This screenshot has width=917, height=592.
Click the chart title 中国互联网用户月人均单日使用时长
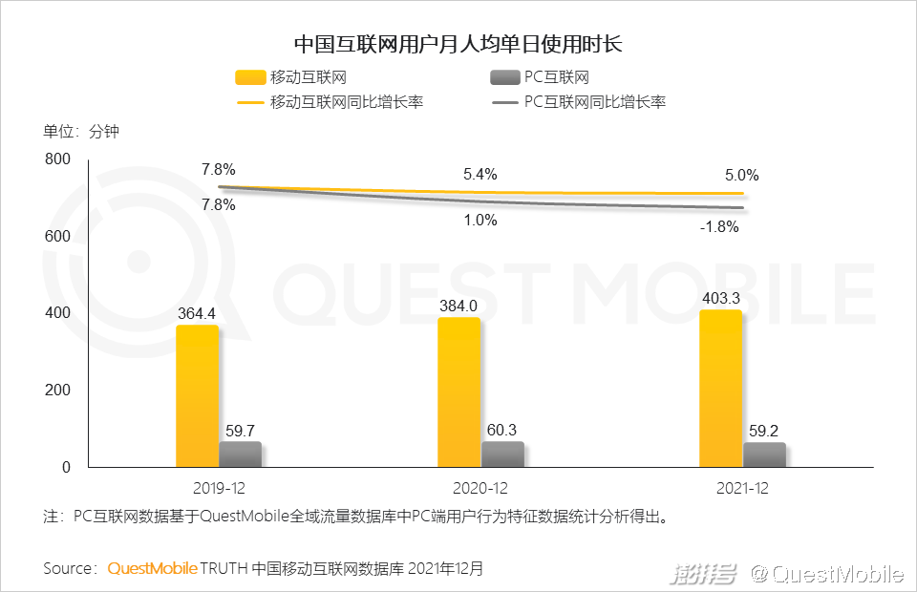(458, 44)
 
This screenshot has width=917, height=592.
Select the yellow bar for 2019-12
(197, 396)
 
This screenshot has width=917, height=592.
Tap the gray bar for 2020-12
(502, 455)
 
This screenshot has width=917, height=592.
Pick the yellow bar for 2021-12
(720, 389)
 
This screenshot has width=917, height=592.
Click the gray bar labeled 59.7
(240, 455)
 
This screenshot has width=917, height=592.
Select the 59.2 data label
(764, 429)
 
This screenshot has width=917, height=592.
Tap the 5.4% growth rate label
(480, 175)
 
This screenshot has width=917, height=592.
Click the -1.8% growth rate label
(719, 227)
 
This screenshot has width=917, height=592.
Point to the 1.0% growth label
(480, 221)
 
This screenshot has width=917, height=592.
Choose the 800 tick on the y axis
(59, 159)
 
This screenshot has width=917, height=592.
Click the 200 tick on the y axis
(59, 391)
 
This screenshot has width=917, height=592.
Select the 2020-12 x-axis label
(480, 488)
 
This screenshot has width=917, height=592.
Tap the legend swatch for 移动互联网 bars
(250, 78)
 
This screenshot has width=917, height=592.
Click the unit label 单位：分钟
(81, 132)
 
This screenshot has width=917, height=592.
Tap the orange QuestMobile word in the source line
(152, 569)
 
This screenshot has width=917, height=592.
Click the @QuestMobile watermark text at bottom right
(826, 574)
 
